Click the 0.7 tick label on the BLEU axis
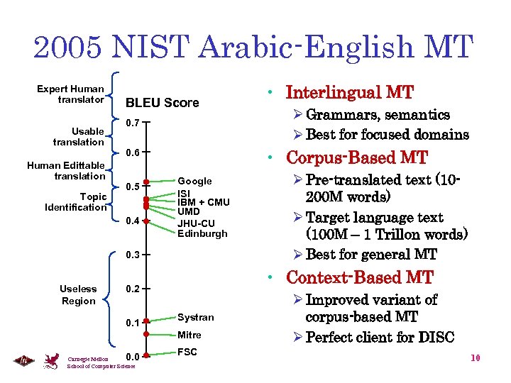click(x=132, y=123)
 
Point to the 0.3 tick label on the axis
click(x=132, y=255)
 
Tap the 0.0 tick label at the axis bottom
click(x=132, y=356)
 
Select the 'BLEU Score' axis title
click(x=162, y=103)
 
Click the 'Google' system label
click(x=194, y=182)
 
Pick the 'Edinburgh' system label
click(x=202, y=233)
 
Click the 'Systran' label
click(x=195, y=317)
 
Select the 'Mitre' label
click(x=189, y=335)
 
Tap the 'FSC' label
click(x=187, y=352)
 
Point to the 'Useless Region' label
click(x=78, y=295)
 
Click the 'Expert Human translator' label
click(x=71, y=94)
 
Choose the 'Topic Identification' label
click(x=75, y=201)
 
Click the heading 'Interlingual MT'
click(x=349, y=93)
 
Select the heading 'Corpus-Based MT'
click(x=356, y=157)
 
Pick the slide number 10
click(x=476, y=358)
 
